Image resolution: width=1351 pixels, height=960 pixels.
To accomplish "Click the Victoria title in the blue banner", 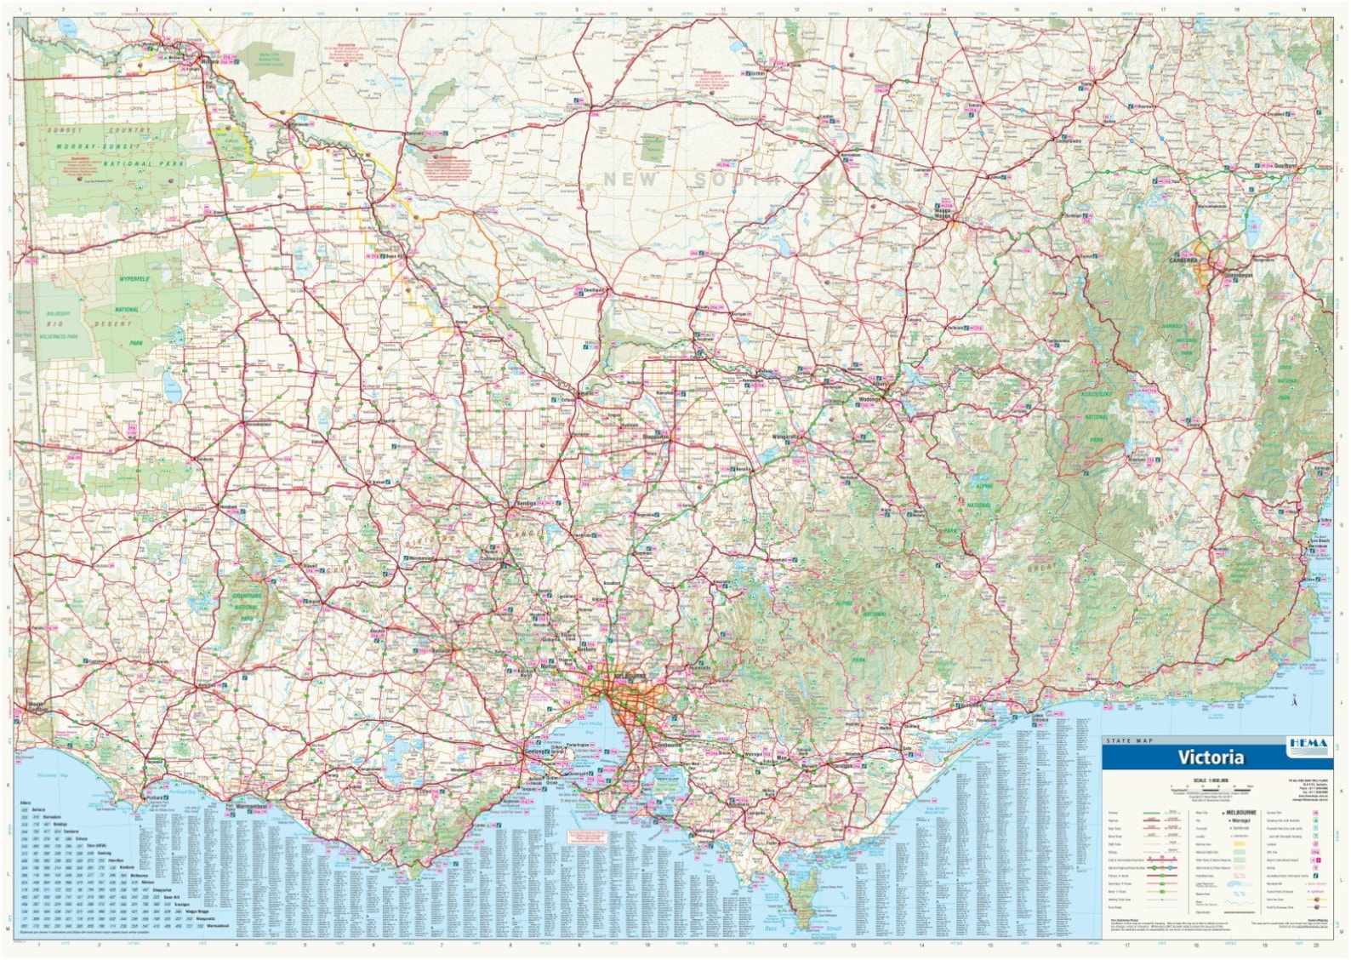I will coord(1211,757).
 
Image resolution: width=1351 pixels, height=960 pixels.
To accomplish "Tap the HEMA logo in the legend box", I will coord(1308,744).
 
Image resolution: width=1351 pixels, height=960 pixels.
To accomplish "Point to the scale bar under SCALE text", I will coord(1211,787).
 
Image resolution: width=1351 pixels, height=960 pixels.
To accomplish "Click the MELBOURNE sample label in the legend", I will coord(1240,813).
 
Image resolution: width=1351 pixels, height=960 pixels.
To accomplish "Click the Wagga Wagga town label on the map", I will coord(942,215).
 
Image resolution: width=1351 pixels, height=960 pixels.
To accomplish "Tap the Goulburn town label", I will coord(1285,166).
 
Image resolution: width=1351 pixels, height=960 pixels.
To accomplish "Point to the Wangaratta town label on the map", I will coord(784,437).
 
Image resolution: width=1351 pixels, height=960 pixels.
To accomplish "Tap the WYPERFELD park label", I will coord(134,279).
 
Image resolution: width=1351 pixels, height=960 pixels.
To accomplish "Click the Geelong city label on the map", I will coord(533,752).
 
